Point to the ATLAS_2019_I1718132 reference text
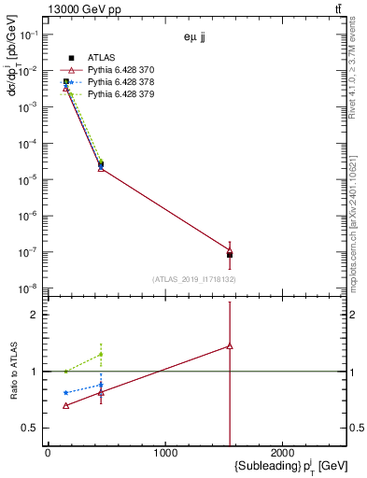[x=194, y=279]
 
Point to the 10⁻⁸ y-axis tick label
[x=28, y=288]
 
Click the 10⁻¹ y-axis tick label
[x=28, y=34]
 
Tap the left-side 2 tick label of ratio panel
[x=35, y=315]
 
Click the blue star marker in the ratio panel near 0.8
[x=65, y=392]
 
